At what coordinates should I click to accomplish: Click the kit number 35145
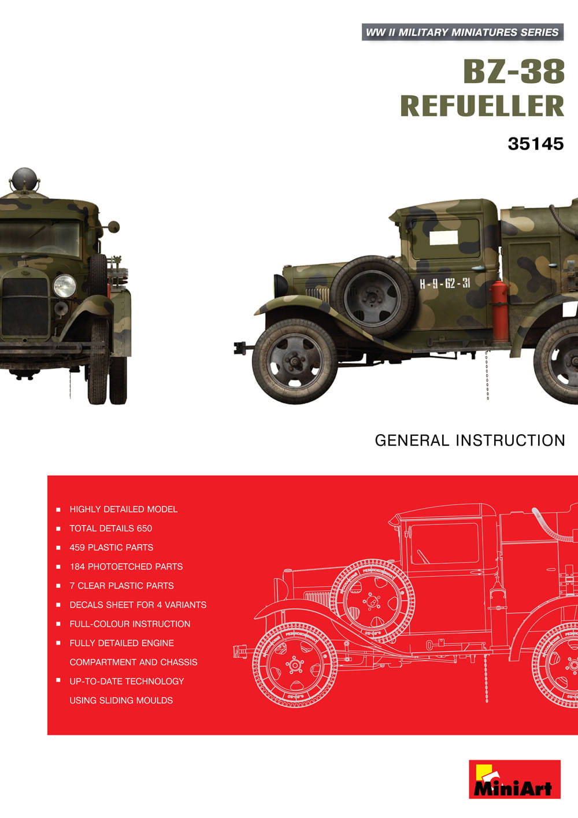pyautogui.click(x=535, y=143)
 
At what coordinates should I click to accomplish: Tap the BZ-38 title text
pyautogui.click(x=513, y=72)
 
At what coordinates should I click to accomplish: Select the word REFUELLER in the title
pyautogui.click(x=481, y=106)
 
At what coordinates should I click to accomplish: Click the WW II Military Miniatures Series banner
pyautogui.click(x=462, y=32)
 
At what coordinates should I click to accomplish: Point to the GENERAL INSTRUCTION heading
pyautogui.click(x=470, y=441)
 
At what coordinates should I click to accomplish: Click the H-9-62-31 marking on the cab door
pyautogui.click(x=444, y=283)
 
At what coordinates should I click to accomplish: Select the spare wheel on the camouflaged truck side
pyautogui.click(x=373, y=298)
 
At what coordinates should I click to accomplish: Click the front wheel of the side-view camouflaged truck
pyautogui.click(x=295, y=361)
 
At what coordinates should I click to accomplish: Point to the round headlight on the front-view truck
pyautogui.click(x=64, y=286)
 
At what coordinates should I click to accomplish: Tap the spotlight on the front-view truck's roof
pyautogui.click(x=24, y=179)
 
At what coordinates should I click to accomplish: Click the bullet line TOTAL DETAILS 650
pyautogui.click(x=110, y=528)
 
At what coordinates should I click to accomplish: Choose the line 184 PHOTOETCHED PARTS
pyautogui.click(x=126, y=567)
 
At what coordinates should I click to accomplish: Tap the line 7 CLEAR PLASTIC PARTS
pyautogui.click(x=121, y=586)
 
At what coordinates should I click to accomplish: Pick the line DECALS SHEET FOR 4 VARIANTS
pyautogui.click(x=138, y=605)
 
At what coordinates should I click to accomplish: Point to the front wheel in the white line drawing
pyautogui.click(x=295, y=665)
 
